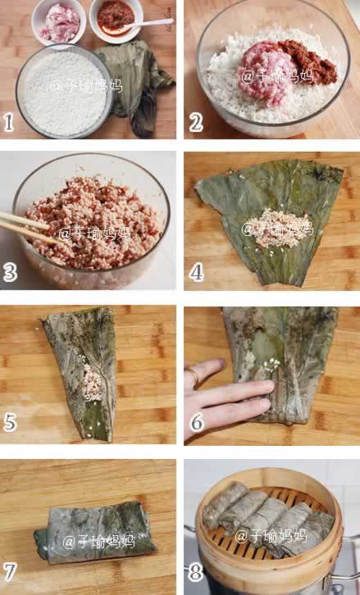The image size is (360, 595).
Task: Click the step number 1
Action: click(8, 123)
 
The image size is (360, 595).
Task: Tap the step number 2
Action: click(196, 123)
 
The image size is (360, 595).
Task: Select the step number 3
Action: click(10, 272)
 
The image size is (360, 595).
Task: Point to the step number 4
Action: click(196, 272)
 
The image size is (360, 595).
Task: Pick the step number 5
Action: click(10, 423)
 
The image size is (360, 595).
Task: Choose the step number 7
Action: click(10, 573)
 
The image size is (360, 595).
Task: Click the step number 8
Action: click(195, 573)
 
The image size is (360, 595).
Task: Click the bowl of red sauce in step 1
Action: click(116, 20)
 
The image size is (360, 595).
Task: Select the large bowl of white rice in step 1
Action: click(65, 90)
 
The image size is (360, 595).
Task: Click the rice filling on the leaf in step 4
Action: click(279, 229)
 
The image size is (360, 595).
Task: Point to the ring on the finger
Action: click(193, 375)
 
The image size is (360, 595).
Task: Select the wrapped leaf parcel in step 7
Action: click(95, 532)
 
